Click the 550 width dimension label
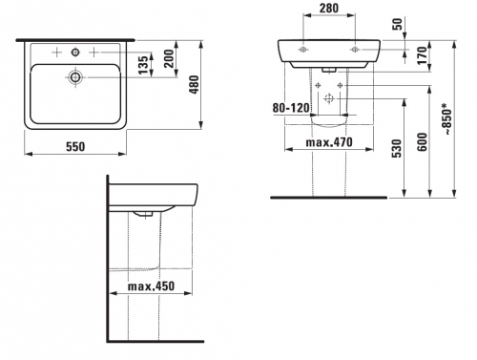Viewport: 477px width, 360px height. [x=75, y=146]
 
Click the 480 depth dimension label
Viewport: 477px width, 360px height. [x=194, y=84]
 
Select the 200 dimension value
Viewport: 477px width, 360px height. [x=169, y=58]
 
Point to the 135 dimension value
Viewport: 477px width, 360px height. [x=144, y=65]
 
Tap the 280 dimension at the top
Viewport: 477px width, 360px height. [x=329, y=9]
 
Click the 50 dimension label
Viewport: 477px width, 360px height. [x=398, y=24]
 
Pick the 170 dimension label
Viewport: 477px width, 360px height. [x=423, y=55]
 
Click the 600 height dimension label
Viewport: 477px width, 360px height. [x=422, y=142]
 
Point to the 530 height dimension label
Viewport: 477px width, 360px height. [x=397, y=148]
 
